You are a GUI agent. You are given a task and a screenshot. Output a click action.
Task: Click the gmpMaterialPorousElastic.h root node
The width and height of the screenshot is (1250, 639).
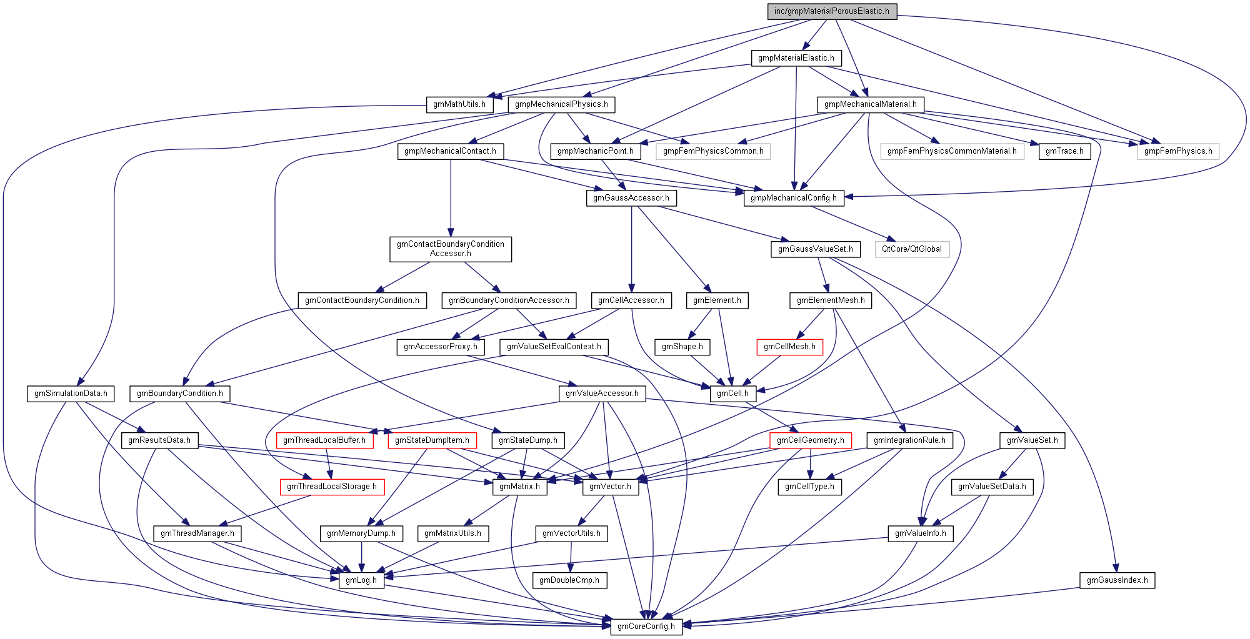[832, 11]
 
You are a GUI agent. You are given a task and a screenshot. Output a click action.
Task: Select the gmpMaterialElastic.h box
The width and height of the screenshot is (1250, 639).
[796, 58]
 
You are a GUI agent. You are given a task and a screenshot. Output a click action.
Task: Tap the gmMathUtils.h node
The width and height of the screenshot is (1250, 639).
[459, 104]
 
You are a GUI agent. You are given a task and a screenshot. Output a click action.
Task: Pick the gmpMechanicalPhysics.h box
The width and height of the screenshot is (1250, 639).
[561, 104]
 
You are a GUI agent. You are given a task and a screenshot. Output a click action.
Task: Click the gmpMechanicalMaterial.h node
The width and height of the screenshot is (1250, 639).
[870, 104]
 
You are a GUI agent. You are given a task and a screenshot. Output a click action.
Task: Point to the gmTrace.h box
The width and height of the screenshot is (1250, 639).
[1064, 151]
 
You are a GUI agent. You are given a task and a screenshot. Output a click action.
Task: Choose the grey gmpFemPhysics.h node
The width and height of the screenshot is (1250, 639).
[1177, 151]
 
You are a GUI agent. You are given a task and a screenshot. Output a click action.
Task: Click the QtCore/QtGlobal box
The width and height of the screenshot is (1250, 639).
[911, 249]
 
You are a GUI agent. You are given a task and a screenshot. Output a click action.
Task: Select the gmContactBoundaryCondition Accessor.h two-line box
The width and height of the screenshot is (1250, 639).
[450, 249]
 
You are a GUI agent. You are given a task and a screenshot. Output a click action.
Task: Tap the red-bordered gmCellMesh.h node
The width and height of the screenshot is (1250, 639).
[789, 347]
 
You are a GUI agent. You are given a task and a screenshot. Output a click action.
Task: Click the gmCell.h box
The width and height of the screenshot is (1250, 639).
[732, 394]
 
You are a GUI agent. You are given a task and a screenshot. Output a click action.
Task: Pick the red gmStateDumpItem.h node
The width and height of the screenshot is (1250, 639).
[432, 440]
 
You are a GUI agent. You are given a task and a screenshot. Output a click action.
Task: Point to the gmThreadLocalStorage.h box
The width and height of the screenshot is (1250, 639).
[331, 487]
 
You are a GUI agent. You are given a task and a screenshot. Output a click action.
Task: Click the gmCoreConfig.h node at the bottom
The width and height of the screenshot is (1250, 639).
[646, 627]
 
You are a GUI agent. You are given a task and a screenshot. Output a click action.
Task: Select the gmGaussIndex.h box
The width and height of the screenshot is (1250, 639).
[1117, 580]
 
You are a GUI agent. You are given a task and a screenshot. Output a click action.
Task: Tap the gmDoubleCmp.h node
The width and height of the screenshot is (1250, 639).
[569, 580]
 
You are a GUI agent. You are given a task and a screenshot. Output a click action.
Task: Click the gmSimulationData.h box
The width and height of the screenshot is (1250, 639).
[71, 394]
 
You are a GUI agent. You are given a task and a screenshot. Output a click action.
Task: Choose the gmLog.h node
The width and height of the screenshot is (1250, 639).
[361, 580]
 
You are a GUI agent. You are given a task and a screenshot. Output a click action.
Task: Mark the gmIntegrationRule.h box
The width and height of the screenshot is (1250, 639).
[909, 440]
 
